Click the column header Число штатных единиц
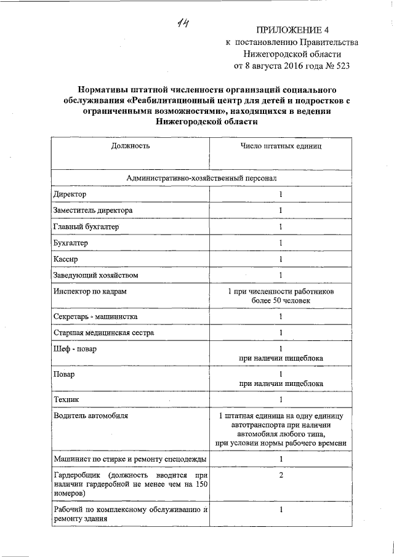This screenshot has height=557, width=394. click(x=281, y=146)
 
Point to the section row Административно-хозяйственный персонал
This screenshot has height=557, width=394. click(x=201, y=177)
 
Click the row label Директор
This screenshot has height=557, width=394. click(x=70, y=194)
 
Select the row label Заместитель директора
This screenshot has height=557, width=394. click(x=93, y=210)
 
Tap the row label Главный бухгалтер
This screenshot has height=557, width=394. click(x=86, y=226)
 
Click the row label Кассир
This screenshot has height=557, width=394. click(x=66, y=258)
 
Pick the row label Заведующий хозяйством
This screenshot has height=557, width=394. click(x=91, y=274)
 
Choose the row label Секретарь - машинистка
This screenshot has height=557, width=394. click(x=95, y=316)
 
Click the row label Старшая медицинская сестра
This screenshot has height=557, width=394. click(x=103, y=333)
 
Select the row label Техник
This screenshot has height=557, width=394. click(x=66, y=399)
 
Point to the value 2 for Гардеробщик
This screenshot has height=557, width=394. click(x=281, y=476)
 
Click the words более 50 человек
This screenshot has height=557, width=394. click(x=281, y=300)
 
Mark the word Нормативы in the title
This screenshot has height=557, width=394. click(x=108, y=89)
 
